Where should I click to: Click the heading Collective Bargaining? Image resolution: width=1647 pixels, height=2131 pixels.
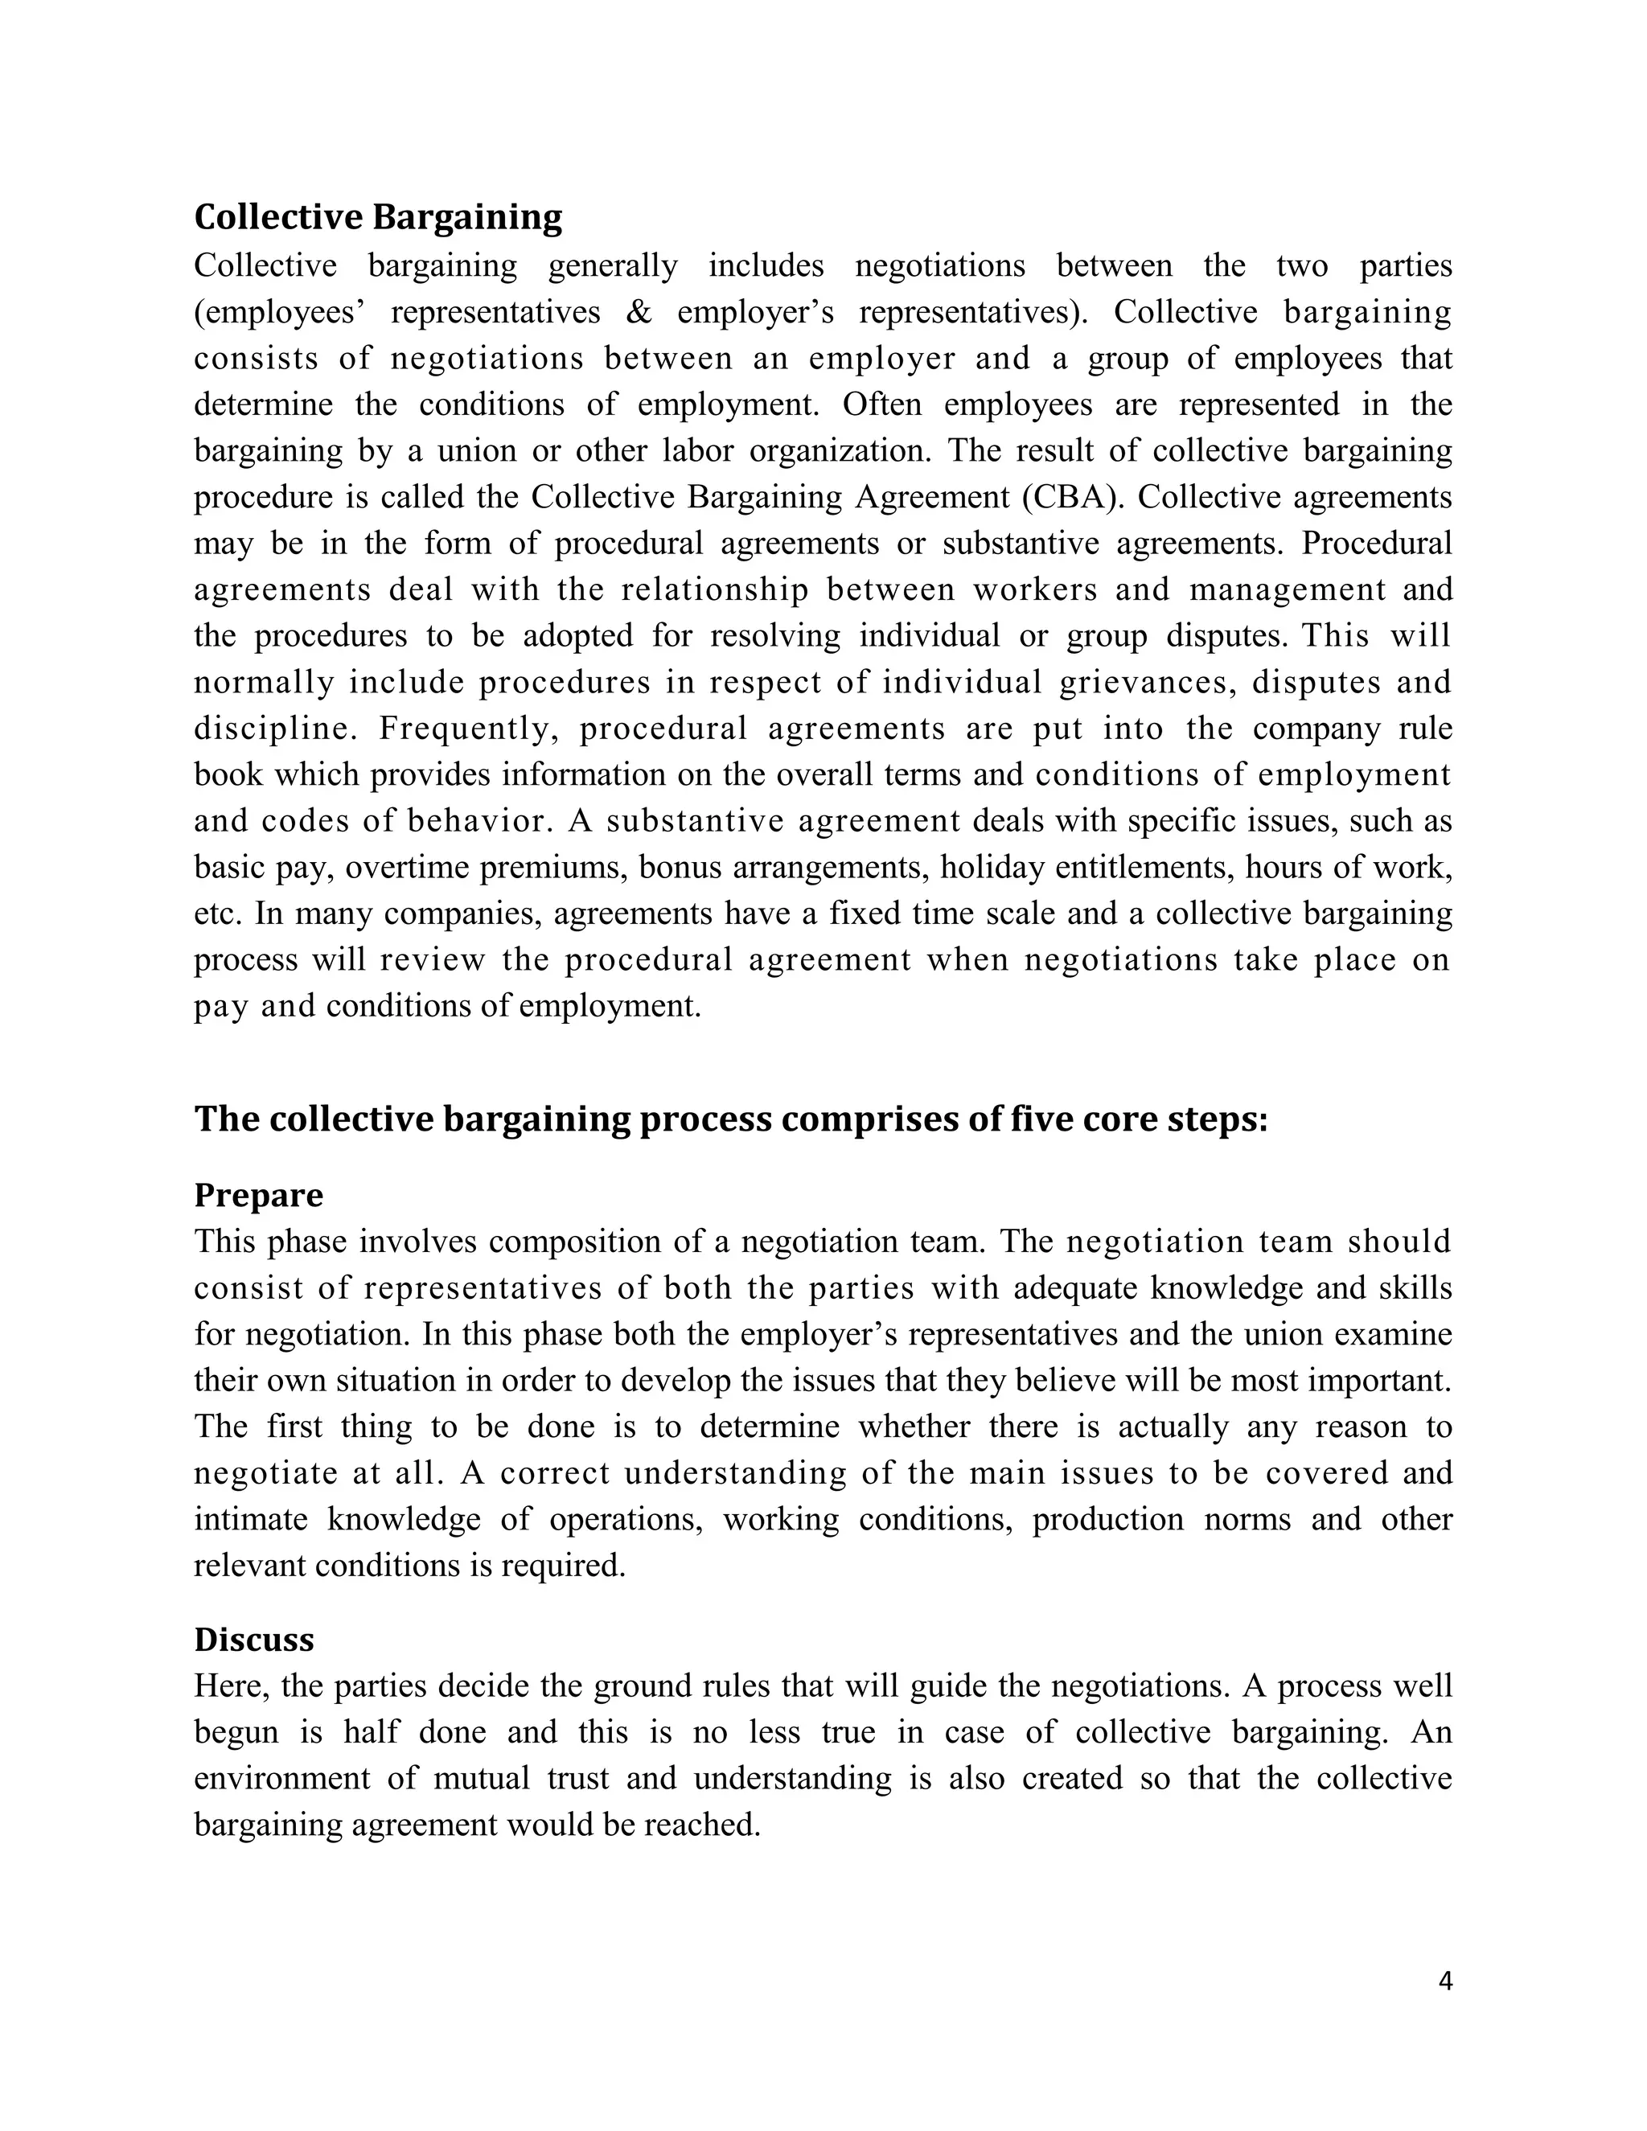click(x=378, y=216)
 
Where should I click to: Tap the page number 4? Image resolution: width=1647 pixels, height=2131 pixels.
click(x=1445, y=1981)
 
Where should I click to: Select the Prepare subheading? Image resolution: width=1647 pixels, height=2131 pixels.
click(x=259, y=1194)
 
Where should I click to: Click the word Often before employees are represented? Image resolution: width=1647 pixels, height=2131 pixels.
click(x=881, y=405)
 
